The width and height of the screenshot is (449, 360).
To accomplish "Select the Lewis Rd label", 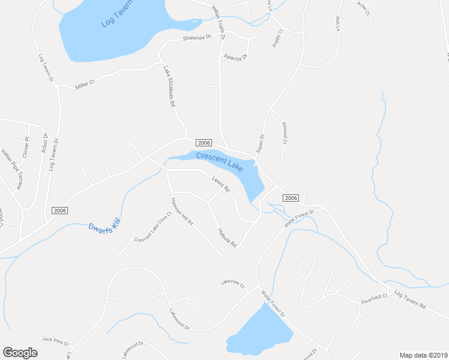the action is (221, 184).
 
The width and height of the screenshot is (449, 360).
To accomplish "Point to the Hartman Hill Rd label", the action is (182, 211).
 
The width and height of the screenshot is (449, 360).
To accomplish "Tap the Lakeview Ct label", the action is (232, 283).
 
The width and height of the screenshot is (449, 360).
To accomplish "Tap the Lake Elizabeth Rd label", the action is (169, 86).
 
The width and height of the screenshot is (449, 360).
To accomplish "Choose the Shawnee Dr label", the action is (197, 38).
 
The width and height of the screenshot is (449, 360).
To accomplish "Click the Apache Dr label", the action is (235, 57).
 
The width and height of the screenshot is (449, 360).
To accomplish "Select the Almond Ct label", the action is (285, 133).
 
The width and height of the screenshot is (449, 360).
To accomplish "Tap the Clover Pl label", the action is (26, 147).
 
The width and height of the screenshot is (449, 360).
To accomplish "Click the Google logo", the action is (20, 353).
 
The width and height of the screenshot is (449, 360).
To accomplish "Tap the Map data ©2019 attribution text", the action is (423, 355).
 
